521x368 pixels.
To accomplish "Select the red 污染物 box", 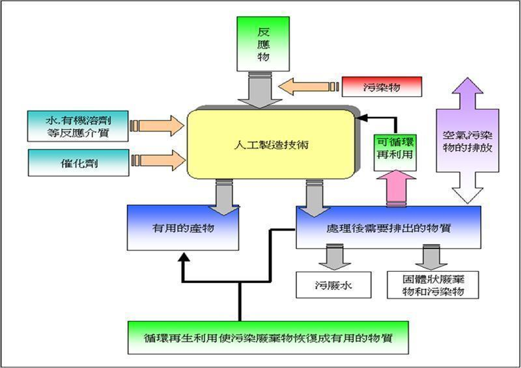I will point(383,86).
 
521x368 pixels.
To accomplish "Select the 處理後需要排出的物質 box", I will point(388,228).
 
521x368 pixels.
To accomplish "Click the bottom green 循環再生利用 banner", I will point(268,339).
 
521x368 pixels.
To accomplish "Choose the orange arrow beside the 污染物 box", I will point(306,86).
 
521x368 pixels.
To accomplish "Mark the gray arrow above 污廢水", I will point(335,256).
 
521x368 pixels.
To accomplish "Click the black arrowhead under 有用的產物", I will point(184,258).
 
